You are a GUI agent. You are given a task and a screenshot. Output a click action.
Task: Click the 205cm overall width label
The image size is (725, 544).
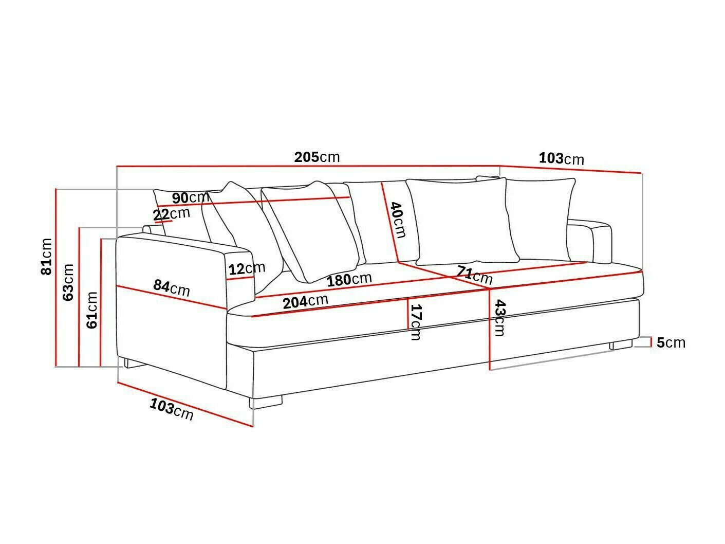[x=317, y=157]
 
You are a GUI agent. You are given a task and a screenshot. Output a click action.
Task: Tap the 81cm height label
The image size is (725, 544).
[x=47, y=256]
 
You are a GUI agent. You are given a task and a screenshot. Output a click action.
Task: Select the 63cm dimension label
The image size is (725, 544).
[x=68, y=282]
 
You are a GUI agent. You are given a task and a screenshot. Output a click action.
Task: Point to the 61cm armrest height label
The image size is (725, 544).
[x=92, y=310]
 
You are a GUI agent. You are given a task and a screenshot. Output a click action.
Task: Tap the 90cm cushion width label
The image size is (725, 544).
[x=190, y=197]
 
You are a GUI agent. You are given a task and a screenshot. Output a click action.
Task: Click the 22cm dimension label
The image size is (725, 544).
[x=172, y=213]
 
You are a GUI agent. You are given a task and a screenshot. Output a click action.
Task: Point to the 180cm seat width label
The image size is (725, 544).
[x=349, y=280]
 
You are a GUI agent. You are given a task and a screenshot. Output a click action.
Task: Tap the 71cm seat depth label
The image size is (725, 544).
[x=475, y=275]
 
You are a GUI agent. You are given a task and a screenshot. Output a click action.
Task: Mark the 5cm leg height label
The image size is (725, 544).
[x=671, y=342]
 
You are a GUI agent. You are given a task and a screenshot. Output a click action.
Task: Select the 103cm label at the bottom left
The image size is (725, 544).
[x=172, y=409]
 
